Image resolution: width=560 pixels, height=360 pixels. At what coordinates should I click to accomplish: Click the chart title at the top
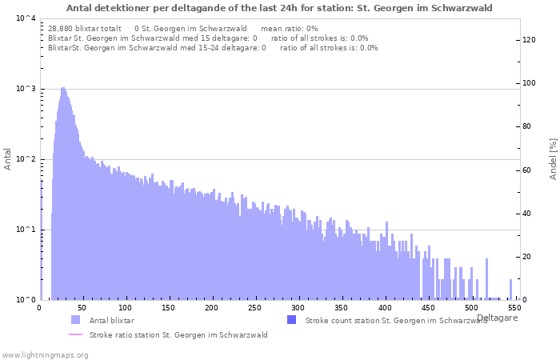[280, 8]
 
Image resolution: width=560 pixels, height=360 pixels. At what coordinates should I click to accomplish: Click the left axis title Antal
[8, 158]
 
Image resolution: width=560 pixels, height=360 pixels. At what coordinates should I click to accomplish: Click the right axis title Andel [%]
[553, 158]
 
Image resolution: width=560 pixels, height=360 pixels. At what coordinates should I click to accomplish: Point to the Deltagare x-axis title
[498, 318]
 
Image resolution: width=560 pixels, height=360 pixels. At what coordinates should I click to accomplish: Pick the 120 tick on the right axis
[530, 40]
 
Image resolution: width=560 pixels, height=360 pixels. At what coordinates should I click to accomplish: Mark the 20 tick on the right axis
[527, 257]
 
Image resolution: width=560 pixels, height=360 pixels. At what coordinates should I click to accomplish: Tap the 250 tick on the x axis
[254, 308]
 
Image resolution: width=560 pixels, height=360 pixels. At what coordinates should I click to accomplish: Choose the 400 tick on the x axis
[384, 308]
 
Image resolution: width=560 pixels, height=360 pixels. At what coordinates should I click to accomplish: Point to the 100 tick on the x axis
[125, 308]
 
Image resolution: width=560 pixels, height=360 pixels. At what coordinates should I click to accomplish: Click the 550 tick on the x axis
[514, 308]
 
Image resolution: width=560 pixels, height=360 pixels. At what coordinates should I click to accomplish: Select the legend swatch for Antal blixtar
[75, 320]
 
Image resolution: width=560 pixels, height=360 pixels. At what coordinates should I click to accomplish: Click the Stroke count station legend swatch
[291, 320]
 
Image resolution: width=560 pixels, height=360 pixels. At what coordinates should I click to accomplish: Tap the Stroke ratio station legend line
[75, 335]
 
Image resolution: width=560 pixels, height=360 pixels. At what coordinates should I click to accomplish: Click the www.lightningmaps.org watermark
[45, 354]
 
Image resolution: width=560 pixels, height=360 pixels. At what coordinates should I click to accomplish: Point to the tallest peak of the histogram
[62, 88]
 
